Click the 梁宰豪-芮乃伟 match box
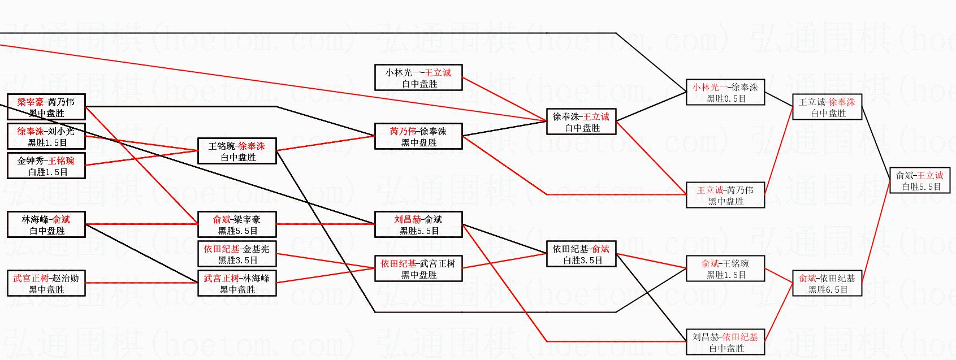coord(46,107)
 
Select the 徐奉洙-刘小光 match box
coord(46,136)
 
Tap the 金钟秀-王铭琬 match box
coord(46,166)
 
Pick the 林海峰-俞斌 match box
coord(46,224)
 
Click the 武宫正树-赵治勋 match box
coord(46,283)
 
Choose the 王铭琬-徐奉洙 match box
coord(237,151)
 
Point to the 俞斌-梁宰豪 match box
coord(237,224)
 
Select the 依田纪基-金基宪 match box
coord(237,254)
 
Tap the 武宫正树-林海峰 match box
coord(237,283)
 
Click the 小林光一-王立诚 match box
coord(418,77)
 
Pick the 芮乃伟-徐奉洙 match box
coord(418,136)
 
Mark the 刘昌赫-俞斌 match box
coord(418,224)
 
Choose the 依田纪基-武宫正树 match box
coord(418,268)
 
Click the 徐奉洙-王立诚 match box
coord(581,122)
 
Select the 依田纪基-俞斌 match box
coord(581,254)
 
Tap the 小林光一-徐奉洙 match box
coord(725,92)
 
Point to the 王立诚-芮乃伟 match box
coord(725,195)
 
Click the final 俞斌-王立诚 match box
coord(920,180)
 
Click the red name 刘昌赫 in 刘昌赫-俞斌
coord(406,219)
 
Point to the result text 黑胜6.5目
coord(828,289)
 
